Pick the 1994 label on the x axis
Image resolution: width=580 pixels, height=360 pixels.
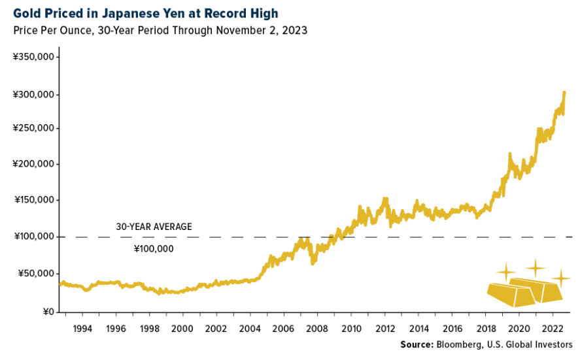[82, 329]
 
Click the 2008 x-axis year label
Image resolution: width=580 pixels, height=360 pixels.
[317, 329]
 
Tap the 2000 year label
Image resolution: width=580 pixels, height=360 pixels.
[182, 329]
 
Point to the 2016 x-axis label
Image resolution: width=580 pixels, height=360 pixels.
[452, 329]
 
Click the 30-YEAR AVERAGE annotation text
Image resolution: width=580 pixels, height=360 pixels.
[154, 227]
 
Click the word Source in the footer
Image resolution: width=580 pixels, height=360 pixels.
[416, 344]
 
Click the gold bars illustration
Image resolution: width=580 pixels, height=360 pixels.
[523, 291]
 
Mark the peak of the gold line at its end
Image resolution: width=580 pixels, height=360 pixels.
[564, 93]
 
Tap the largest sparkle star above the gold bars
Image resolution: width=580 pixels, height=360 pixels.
[536, 267]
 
